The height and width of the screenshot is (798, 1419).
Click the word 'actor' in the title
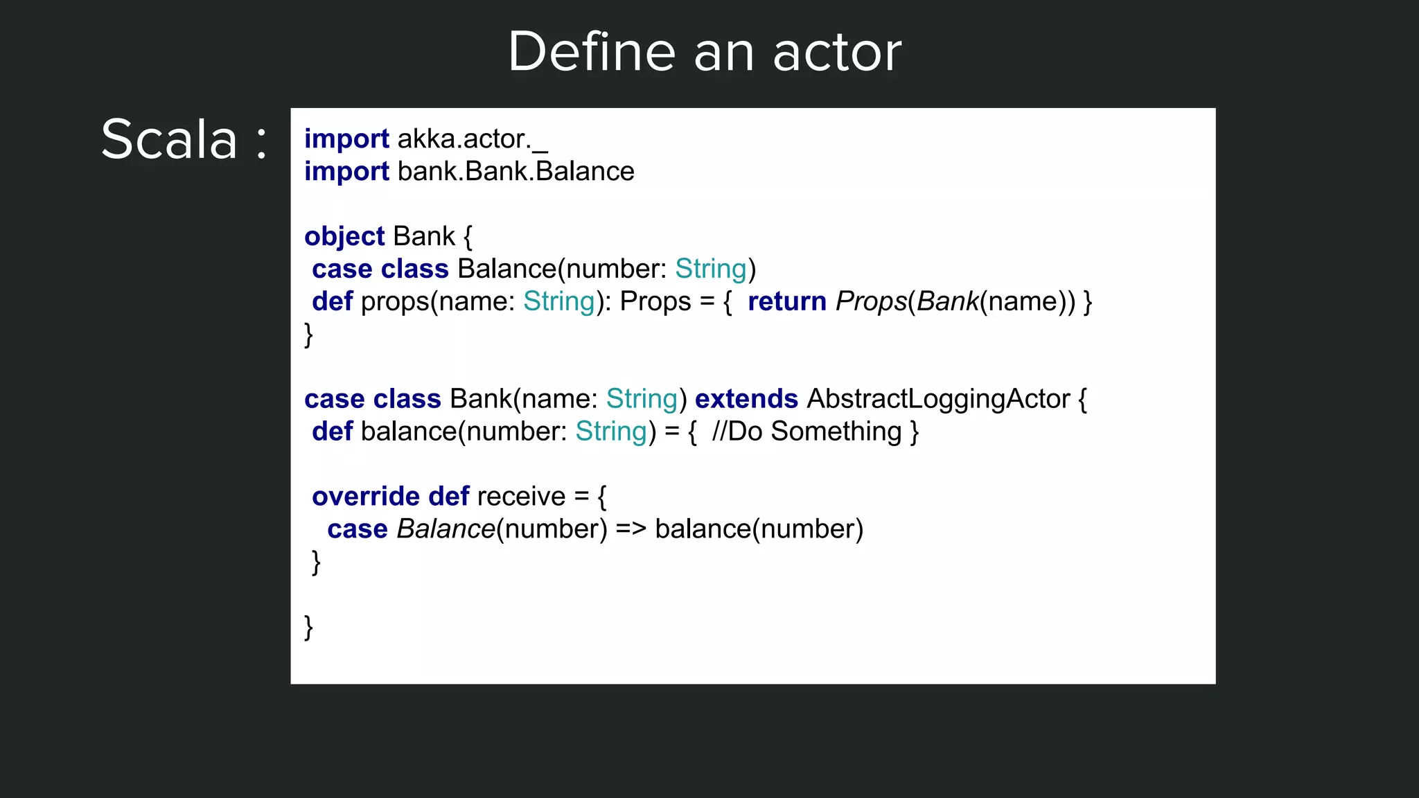coord(837,53)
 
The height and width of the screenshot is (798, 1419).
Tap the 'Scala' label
coord(169,140)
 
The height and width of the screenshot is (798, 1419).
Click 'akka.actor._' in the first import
coord(472,139)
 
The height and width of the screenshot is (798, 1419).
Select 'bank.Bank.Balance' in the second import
coord(515,172)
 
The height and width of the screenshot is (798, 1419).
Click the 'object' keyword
coord(344,237)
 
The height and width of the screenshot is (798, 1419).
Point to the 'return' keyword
coord(786,302)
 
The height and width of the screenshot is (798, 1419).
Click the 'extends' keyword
coord(746,400)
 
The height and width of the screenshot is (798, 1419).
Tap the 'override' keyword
coord(365,497)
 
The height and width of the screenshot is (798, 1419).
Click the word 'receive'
coord(521,497)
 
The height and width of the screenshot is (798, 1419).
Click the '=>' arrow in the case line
coord(631,530)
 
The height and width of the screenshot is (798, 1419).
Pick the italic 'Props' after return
coord(870,302)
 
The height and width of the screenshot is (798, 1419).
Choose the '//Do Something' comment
coord(807,432)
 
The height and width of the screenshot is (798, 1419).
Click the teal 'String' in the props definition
coord(558,302)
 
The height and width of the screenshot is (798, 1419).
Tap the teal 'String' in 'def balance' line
coord(610,432)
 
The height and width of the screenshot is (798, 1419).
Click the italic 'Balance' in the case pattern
coord(446,530)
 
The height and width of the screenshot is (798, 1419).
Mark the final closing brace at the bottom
coord(309,627)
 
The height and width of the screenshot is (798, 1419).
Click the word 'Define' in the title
coord(591,53)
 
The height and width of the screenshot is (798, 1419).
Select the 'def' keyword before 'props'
coord(332,302)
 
